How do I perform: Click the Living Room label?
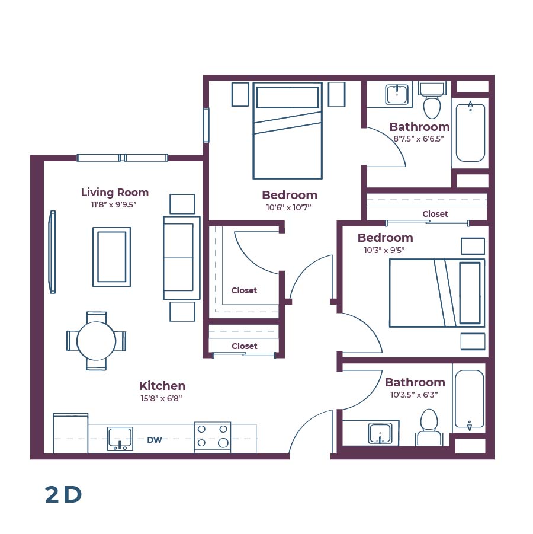tap(114, 192)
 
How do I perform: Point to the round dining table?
tap(97, 341)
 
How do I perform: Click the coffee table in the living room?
tap(111, 257)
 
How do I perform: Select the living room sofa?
tap(181, 257)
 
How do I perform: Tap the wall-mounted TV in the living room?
tap(52, 252)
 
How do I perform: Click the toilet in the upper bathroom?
tap(432, 103)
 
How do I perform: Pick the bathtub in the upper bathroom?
tap(471, 133)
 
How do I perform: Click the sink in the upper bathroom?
tap(396, 94)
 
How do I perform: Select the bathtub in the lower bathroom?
tap(469, 398)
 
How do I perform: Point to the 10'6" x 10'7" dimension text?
tap(290, 207)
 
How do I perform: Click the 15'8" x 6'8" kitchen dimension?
tap(162, 398)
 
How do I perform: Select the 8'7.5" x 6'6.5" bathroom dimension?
tap(419, 139)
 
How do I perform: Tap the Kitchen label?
tap(162, 386)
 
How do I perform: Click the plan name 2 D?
tap(63, 495)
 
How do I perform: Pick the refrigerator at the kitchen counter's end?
tap(70, 433)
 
